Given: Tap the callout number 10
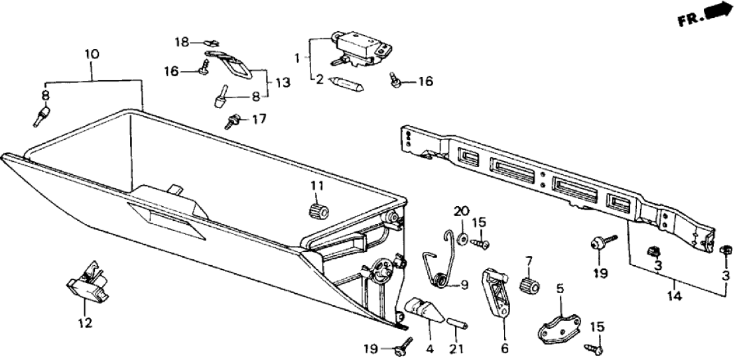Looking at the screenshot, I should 92,54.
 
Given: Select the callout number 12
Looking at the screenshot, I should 85,324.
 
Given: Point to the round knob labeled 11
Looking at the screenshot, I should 320,210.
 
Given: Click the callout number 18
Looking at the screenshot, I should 182,42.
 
